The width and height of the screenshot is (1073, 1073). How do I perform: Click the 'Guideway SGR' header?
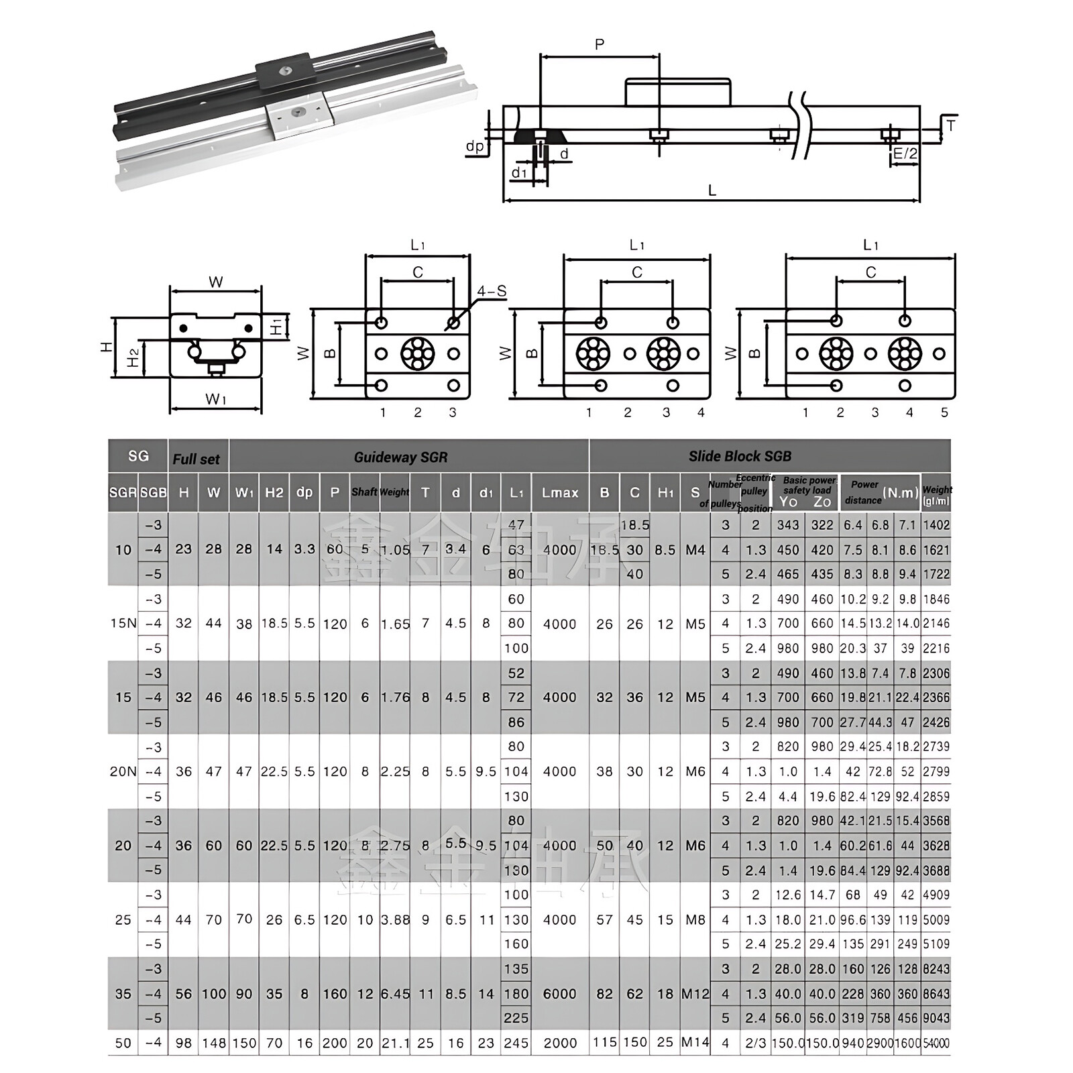click(400, 457)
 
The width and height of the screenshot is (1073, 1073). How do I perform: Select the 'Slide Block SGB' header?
click(740, 457)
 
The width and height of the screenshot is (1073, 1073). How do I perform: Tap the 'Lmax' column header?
click(560, 493)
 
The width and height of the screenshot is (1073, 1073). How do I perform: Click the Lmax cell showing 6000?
click(560, 994)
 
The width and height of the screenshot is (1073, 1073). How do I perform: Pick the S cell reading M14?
click(695, 1043)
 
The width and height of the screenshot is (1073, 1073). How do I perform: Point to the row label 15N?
click(123, 624)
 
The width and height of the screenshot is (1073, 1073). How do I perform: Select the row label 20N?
click(123, 772)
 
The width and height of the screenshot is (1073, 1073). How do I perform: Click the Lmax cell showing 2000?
click(560, 1043)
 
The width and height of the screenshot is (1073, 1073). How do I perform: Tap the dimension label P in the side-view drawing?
click(600, 45)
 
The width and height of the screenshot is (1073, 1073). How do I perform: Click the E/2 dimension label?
click(905, 154)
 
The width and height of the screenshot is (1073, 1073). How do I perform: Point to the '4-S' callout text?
click(492, 292)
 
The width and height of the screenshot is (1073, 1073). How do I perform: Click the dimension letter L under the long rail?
click(712, 190)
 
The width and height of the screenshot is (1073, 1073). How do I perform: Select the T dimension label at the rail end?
click(950, 125)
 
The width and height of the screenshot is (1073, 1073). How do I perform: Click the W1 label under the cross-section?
click(215, 400)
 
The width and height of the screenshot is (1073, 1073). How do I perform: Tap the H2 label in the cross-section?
click(133, 358)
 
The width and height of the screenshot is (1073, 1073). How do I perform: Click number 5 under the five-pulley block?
click(944, 413)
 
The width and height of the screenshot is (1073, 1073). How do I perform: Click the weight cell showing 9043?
click(936, 1018)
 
